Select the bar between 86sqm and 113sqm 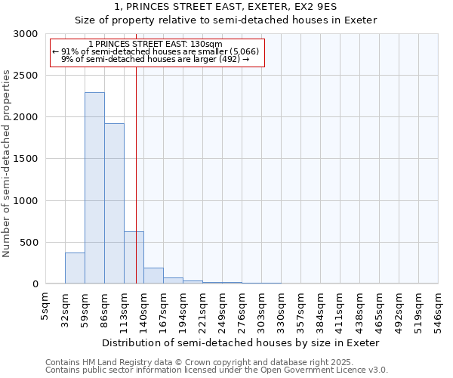pos(114,203)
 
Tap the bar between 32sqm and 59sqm pos(75,268)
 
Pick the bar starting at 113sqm pos(134,258)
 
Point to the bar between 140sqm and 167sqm pos(153,276)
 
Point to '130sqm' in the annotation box pos(206,45)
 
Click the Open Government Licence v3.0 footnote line pos(217,370)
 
